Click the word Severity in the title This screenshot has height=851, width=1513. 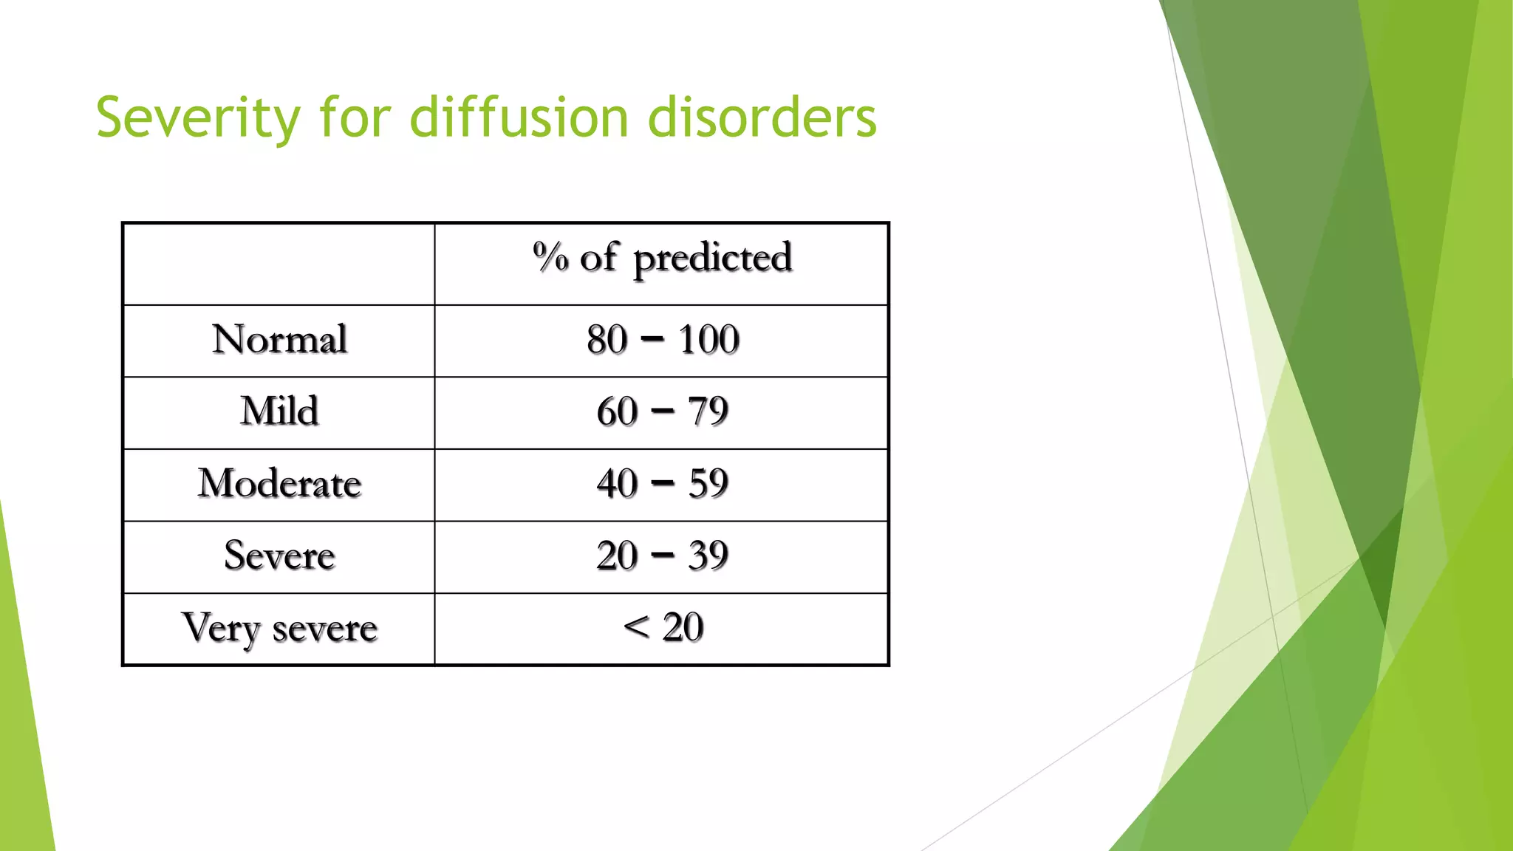(x=198, y=118)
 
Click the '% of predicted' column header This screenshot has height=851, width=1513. (x=662, y=259)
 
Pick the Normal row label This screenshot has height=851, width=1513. (x=279, y=340)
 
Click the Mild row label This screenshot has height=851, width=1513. (x=279, y=411)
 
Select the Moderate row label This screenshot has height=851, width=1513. (x=279, y=484)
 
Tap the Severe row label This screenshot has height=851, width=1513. (x=279, y=556)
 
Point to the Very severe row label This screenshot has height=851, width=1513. (x=279, y=629)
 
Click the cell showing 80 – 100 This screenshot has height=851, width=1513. (x=662, y=340)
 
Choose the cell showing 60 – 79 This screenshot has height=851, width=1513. (x=662, y=411)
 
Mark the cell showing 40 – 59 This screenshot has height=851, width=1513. (x=662, y=484)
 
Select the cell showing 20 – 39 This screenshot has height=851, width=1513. (x=662, y=556)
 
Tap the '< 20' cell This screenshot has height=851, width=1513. (x=662, y=628)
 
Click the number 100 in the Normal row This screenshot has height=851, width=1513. (x=708, y=340)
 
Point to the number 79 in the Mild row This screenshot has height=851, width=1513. (x=708, y=411)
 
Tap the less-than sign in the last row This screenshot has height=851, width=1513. (x=636, y=628)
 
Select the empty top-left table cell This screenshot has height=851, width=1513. (x=279, y=264)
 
